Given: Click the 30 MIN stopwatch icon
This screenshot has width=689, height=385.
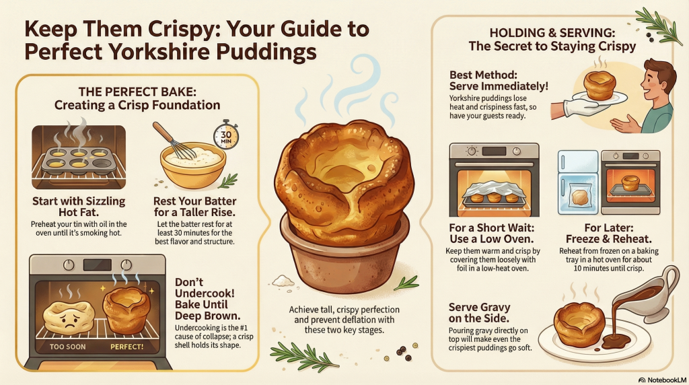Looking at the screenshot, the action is point(226,135).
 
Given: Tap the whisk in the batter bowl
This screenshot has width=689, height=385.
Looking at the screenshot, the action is point(174,141).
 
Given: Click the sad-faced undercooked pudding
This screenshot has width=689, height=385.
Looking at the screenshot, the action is point(69,318).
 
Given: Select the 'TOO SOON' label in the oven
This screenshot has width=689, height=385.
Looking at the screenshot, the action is point(68,347).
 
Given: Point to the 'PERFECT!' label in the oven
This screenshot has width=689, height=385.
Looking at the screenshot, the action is point(127,347).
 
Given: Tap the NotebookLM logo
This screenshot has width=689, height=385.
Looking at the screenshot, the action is point(662,380).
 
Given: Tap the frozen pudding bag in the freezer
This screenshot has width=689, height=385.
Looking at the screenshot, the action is point(579,195).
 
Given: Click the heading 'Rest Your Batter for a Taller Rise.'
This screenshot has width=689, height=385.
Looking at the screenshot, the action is point(194,207).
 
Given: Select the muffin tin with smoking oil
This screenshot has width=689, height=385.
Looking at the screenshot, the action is point(79,160).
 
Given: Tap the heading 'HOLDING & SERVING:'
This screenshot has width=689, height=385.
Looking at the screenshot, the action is point(552,32).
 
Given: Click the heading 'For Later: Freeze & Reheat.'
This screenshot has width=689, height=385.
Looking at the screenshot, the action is point(608,234).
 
